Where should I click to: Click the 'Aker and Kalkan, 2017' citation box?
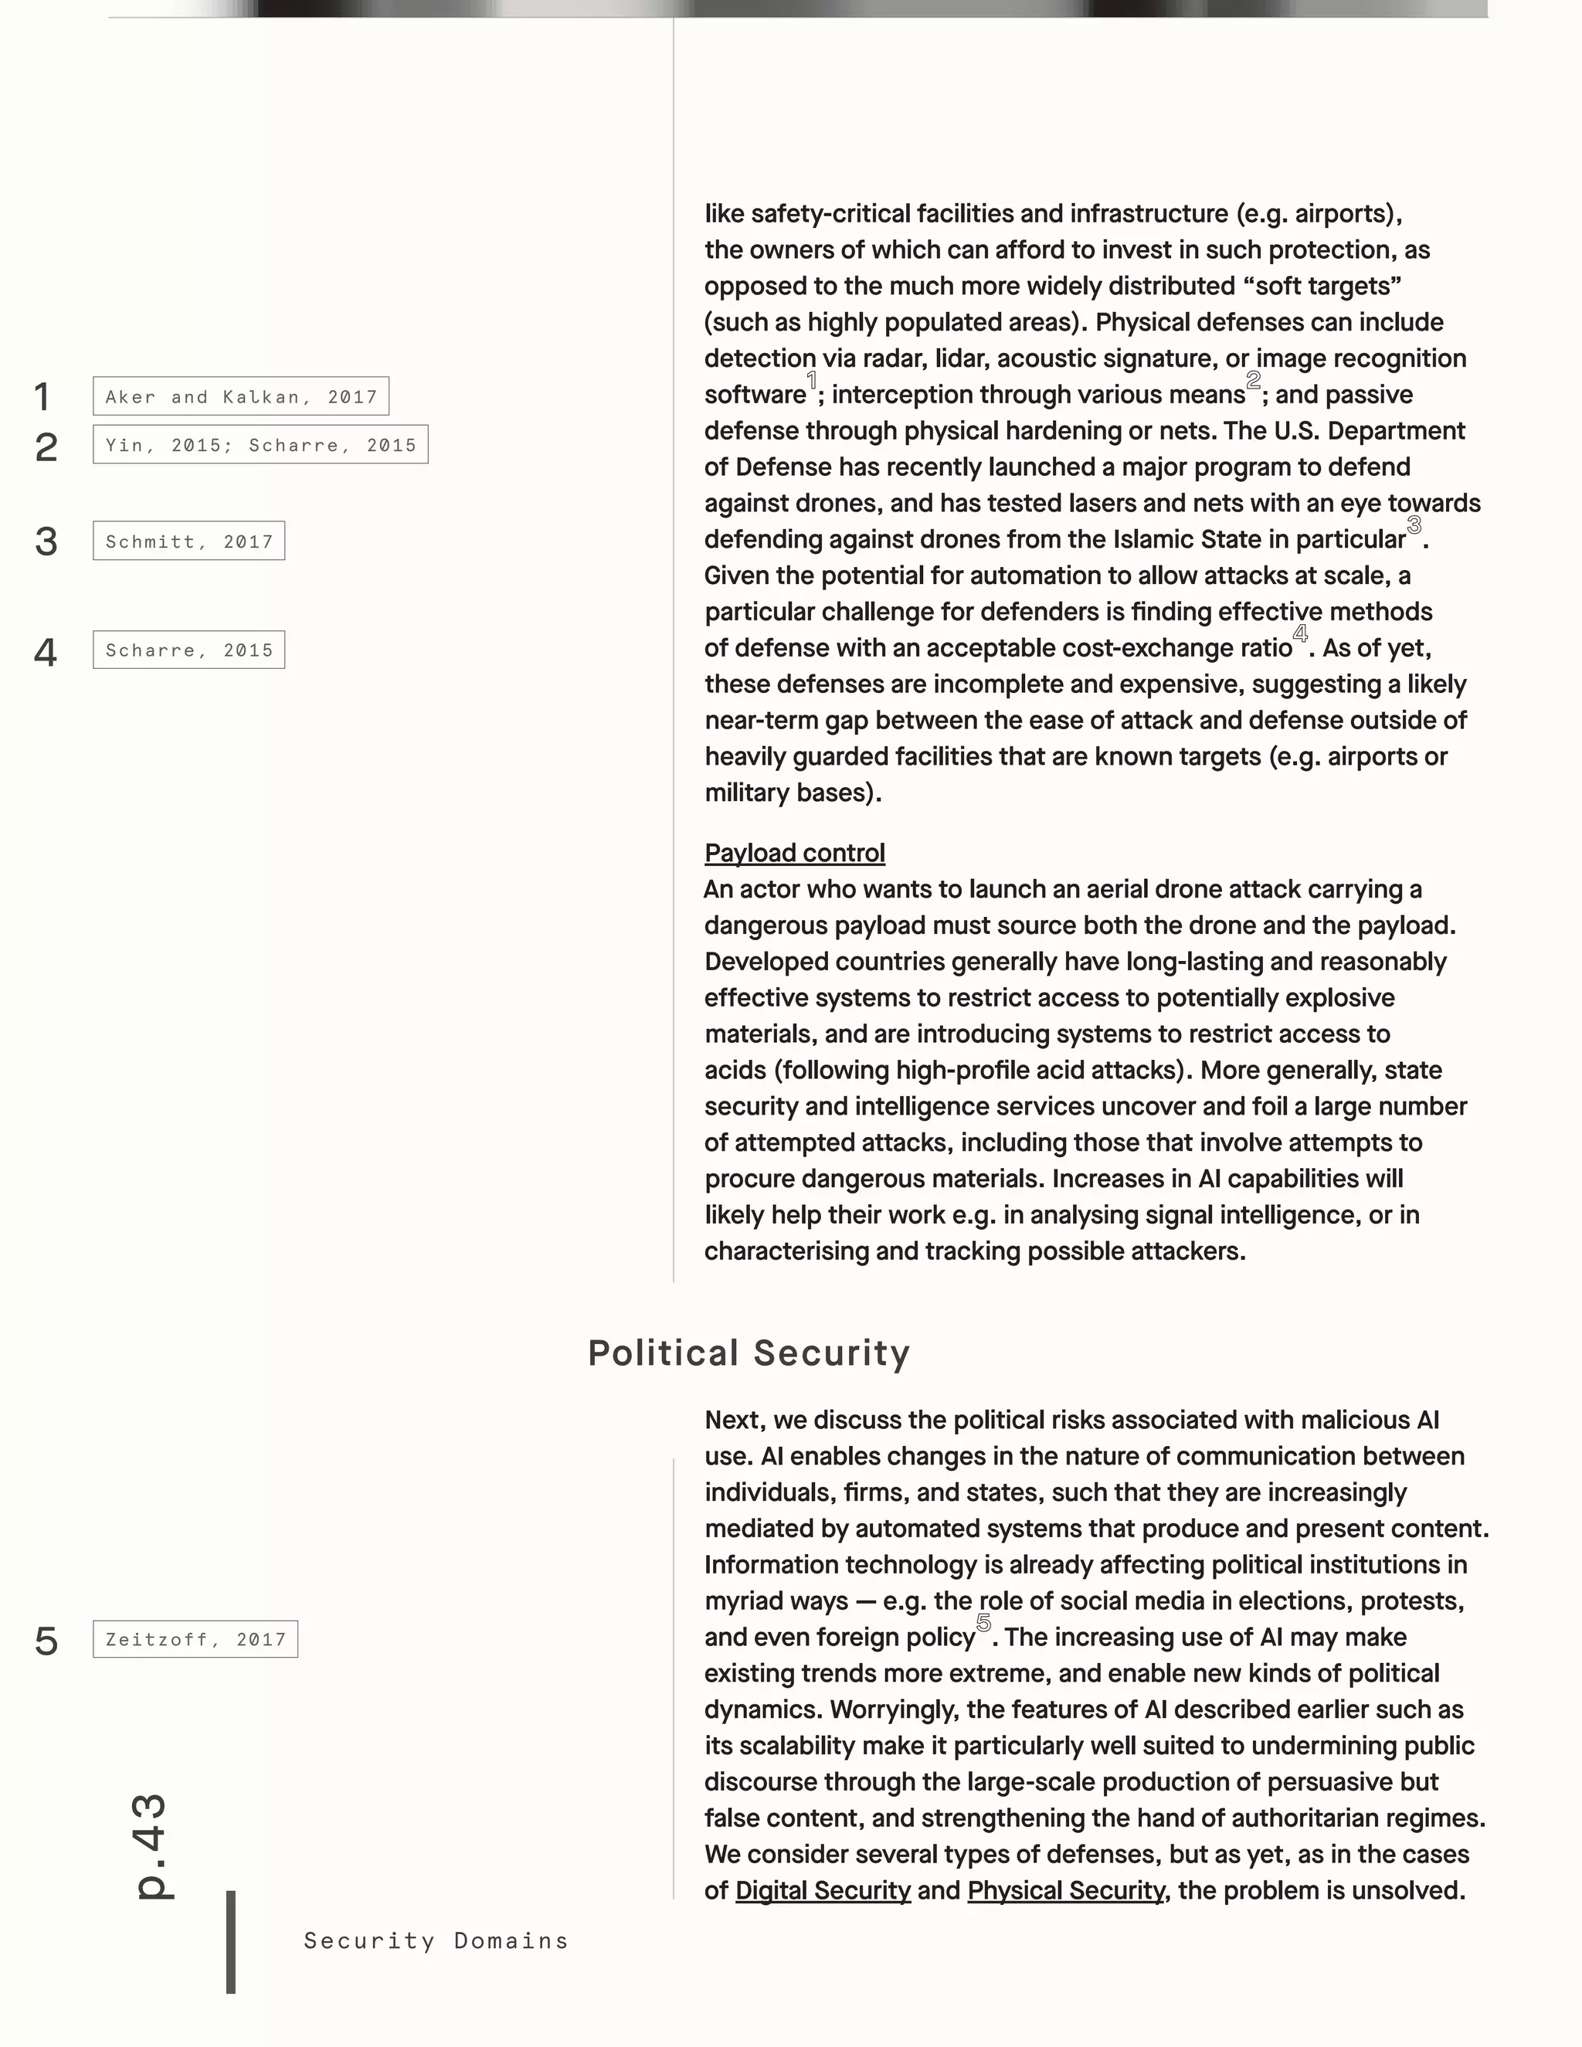(241, 396)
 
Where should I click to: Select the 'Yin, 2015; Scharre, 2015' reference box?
(260, 444)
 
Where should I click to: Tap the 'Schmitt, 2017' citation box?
(188, 541)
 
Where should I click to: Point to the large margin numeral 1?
(42, 397)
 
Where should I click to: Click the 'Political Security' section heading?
(749, 1353)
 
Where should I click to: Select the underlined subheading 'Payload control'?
(794, 853)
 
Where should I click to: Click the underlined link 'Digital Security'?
(822, 1890)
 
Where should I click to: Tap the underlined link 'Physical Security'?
(1065, 1890)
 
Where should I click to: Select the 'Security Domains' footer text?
(436, 1941)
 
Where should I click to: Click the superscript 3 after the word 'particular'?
(1414, 526)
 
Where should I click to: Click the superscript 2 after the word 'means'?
(1253, 381)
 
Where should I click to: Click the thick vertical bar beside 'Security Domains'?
(230, 1942)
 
